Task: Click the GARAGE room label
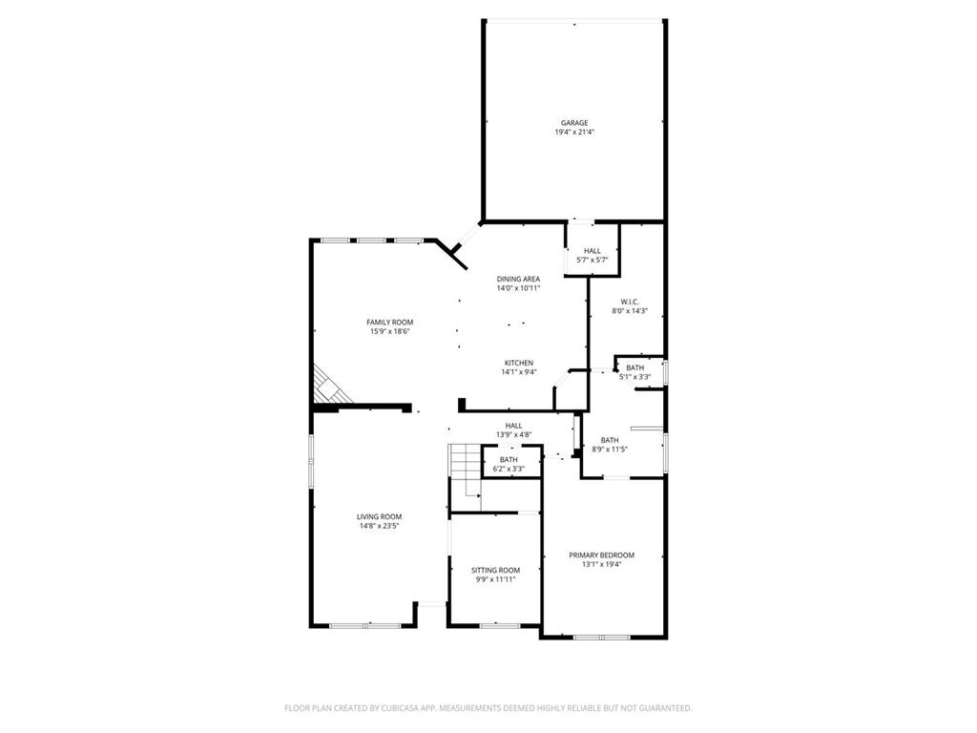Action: (x=573, y=122)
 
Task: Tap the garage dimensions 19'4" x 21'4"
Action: (x=573, y=133)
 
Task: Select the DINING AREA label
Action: (x=518, y=279)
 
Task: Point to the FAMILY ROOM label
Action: (x=390, y=322)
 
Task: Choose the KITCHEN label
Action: (x=518, y=363)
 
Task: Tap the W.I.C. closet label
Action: (x=629, y=302)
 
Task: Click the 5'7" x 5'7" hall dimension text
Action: (x=592, y=260)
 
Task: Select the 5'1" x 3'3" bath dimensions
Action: (x=634, y=377)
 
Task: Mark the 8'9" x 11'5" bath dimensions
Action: (x=609, y=450)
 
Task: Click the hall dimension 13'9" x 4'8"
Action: (x=513, y=435)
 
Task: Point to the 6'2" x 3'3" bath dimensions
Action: (x=509, y=469)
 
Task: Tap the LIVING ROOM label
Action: (x=379, y=516)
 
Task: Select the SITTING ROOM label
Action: (x=495, y=570)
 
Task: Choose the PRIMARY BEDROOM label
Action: (x=601, y=555)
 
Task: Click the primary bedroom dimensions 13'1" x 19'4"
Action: (x=601, y=564)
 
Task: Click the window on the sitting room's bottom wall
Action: (x=499, y=625)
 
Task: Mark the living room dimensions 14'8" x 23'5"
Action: (x=379, y=526)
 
